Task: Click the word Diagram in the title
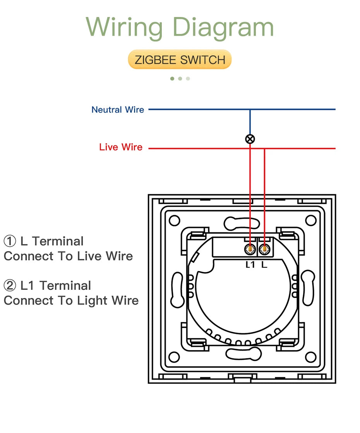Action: [223, 28]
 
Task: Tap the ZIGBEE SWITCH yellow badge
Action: [180, 60]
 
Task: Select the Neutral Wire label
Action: [118, 110]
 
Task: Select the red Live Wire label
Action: [121, 147]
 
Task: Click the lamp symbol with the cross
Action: [250, 139]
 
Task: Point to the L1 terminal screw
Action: [250, 250]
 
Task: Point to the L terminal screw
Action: [264, 250]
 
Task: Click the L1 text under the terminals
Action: [250, 265]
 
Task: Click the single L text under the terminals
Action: [264, 265]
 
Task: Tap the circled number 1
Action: [9, 241]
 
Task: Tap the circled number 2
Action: [9, 286]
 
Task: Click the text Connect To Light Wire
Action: [71, 301]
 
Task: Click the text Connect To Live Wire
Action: [69, 256]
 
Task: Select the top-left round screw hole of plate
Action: [175, 221]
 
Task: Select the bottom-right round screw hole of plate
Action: [310, 356]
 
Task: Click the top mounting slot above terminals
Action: [242, 223]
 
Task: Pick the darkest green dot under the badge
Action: [172, 79]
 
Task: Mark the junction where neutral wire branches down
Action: [250, 110]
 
